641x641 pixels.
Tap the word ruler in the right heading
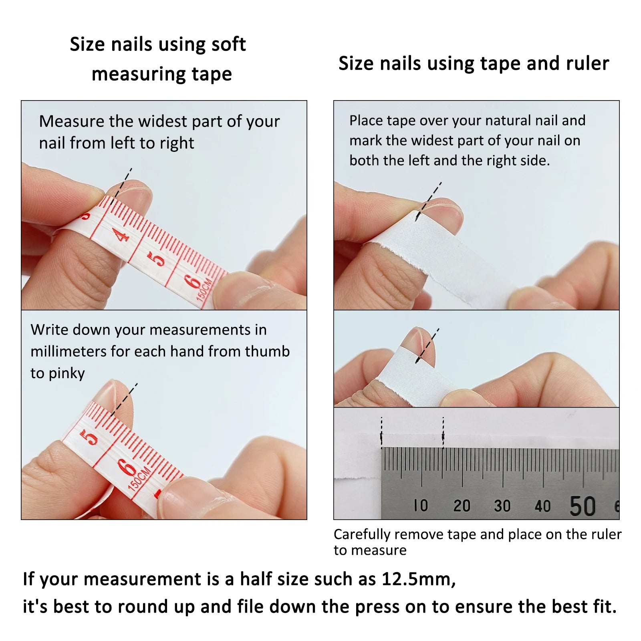pos(587,63)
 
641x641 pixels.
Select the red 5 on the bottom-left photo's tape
pos(90,437)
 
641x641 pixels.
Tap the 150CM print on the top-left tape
pos(204,289)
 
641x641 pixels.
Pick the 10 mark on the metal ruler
pos(421,506)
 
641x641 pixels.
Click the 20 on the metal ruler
pos(462,506)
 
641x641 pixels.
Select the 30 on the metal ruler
pos(502,506)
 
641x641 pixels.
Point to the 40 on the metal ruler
pos(542,506)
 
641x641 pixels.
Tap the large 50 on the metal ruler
pos(583,506)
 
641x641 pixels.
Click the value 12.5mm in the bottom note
pos(418,579)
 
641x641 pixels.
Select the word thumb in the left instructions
pos(267,351)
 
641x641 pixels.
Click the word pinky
pos(67,373)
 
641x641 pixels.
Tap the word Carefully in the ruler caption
pos(362,534)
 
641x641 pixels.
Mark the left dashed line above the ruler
pos(381,432)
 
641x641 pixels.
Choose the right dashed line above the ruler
pos(443,432)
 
